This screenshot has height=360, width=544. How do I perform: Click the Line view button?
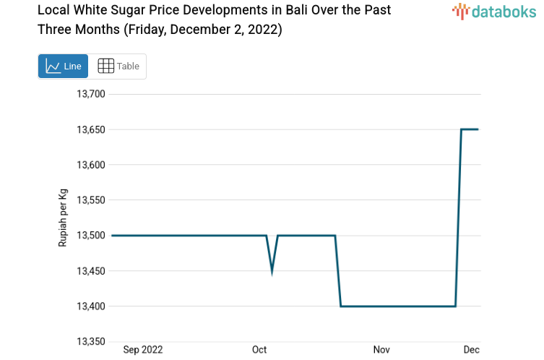tap(63, 67)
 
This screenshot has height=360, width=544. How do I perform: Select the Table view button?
tap(118, 67)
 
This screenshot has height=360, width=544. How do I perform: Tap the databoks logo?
tap(494, 11)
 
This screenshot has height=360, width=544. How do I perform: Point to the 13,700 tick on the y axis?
tap(91, 94)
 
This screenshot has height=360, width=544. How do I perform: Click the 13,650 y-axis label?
tap(91, 129)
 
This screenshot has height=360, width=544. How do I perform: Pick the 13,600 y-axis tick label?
tap(91, 165)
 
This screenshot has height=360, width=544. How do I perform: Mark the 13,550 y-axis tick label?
tap(91, 200)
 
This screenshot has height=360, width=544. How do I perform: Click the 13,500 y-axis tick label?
tap(91, 236)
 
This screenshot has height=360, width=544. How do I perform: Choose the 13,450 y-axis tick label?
tap(91, 271)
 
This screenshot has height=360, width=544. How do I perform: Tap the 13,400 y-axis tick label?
tap(91, 307)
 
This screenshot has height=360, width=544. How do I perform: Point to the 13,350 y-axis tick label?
tap(91, 342)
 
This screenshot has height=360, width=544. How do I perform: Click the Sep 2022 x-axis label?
tap(143, 350)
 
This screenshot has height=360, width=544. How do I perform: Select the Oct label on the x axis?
tap(259, 350)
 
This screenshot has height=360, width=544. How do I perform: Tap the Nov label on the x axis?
tap(381, 350)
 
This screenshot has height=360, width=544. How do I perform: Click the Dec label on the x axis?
tap(470, 350)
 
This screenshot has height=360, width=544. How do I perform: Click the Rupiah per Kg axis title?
tap(63, 218)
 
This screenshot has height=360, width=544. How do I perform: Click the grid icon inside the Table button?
tap(105, 67)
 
